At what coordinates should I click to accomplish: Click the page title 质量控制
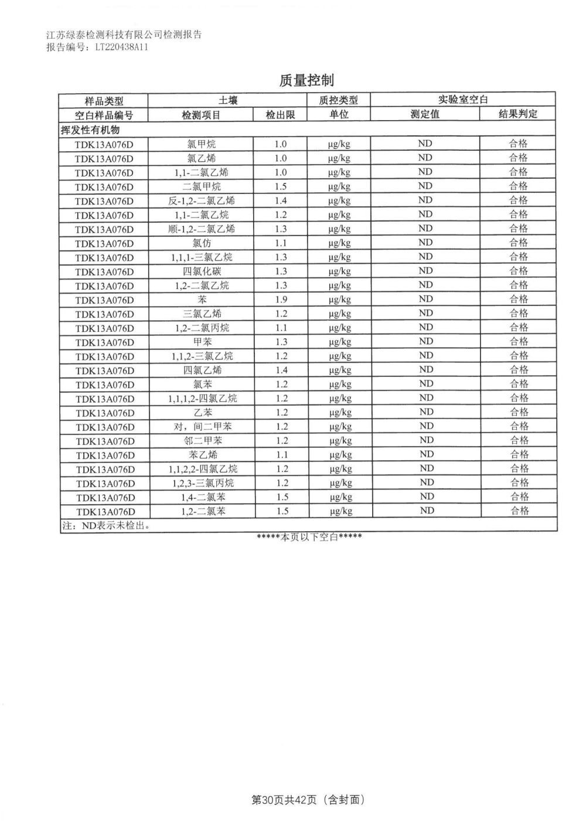tap(306, 80)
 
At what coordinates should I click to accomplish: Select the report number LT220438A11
tap(121, 47)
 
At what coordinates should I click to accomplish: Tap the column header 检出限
tap(280, 115)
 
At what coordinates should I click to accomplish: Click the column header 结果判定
tap(517, 114)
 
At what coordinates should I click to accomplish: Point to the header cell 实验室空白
tap(463, 100)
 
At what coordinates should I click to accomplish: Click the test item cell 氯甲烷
tap(201, 144)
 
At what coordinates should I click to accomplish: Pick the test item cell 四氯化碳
tap(201, 271)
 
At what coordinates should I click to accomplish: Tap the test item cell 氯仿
tap(201, 243)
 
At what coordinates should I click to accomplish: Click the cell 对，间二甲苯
tap(201, 427)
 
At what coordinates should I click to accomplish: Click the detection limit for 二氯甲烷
tap(281, 186)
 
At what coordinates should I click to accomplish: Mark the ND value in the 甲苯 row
tap(425, 342)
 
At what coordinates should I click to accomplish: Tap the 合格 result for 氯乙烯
tap(518, 158)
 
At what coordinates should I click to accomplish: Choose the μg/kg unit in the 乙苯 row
tap(340, 413)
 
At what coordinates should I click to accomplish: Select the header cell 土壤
tap(228, 100)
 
